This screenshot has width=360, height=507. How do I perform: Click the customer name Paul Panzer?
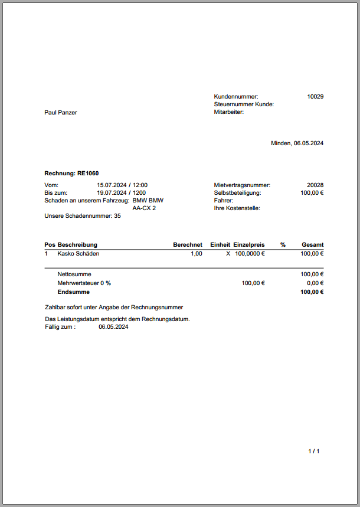tap(61, 112)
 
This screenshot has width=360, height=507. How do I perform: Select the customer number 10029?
tap(315, 96)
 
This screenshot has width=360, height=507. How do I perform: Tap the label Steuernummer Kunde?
tap(244, 104)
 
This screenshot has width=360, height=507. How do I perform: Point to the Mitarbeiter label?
tap(229, 112)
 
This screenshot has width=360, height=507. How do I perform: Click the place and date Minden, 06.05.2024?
tap(297, 143)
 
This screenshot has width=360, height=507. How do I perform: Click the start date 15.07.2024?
tap(112, 185)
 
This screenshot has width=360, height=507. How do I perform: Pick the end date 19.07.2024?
tap(112, 192)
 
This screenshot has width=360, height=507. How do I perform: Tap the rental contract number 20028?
tap(315, 185)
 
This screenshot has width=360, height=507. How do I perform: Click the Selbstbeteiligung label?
tap(237, 192)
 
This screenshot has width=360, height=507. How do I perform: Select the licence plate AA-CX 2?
tap(144, 208)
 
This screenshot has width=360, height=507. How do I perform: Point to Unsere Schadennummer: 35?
tap(83, 216)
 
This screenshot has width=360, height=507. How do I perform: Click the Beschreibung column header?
tap(77, 244)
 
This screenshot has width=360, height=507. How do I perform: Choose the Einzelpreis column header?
tap(249, 244)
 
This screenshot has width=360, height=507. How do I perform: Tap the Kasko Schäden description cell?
tap(78, 253)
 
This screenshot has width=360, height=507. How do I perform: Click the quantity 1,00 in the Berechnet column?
tap(196, 253)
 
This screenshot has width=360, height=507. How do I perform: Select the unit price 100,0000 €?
tap(250, 253)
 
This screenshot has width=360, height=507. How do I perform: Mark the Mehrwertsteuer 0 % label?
tap(84, 283)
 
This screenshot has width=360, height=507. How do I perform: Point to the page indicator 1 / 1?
tap(313, 452)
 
